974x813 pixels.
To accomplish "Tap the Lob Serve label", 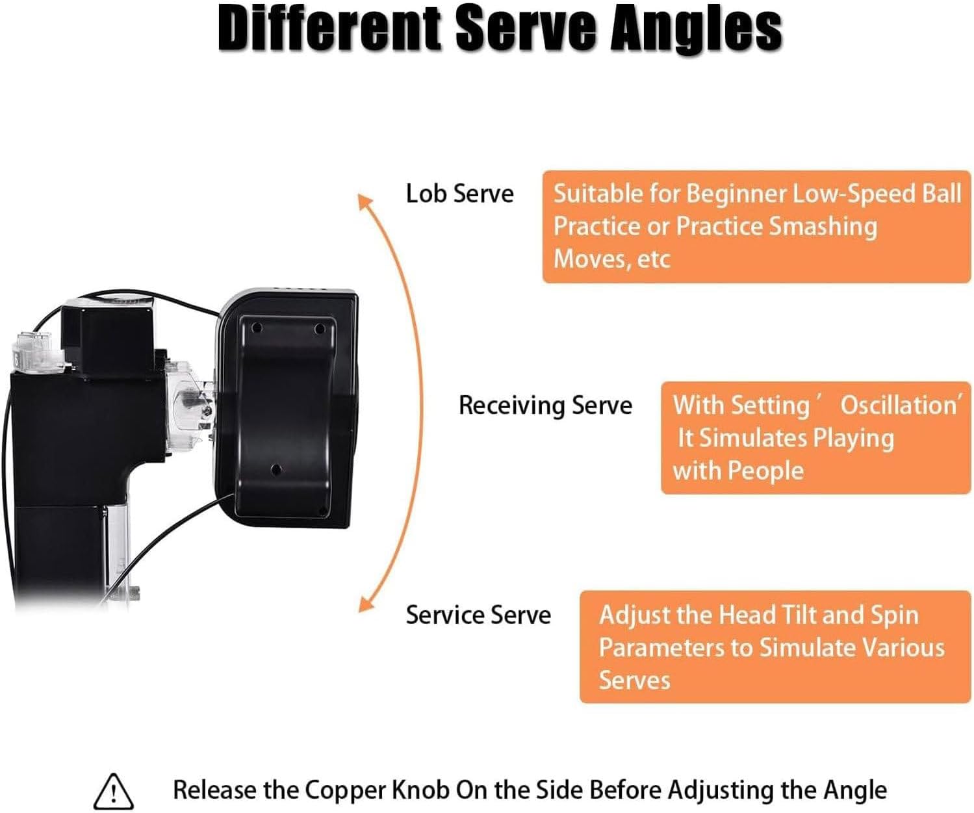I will pyautogui.click(x=459, y=194).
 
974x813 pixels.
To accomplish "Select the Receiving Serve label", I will pyautogui.click(x=545, y=405).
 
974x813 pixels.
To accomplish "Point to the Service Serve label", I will pyautogui.click(x=478, y=615).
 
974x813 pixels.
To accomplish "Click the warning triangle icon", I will pyautogui.click(x=114, y=791).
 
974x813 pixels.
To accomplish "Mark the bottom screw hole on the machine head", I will pyautogui.click(x=276, y=469).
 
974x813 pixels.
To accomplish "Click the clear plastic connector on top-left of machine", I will pyautogui.click(x=31, y=352).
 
